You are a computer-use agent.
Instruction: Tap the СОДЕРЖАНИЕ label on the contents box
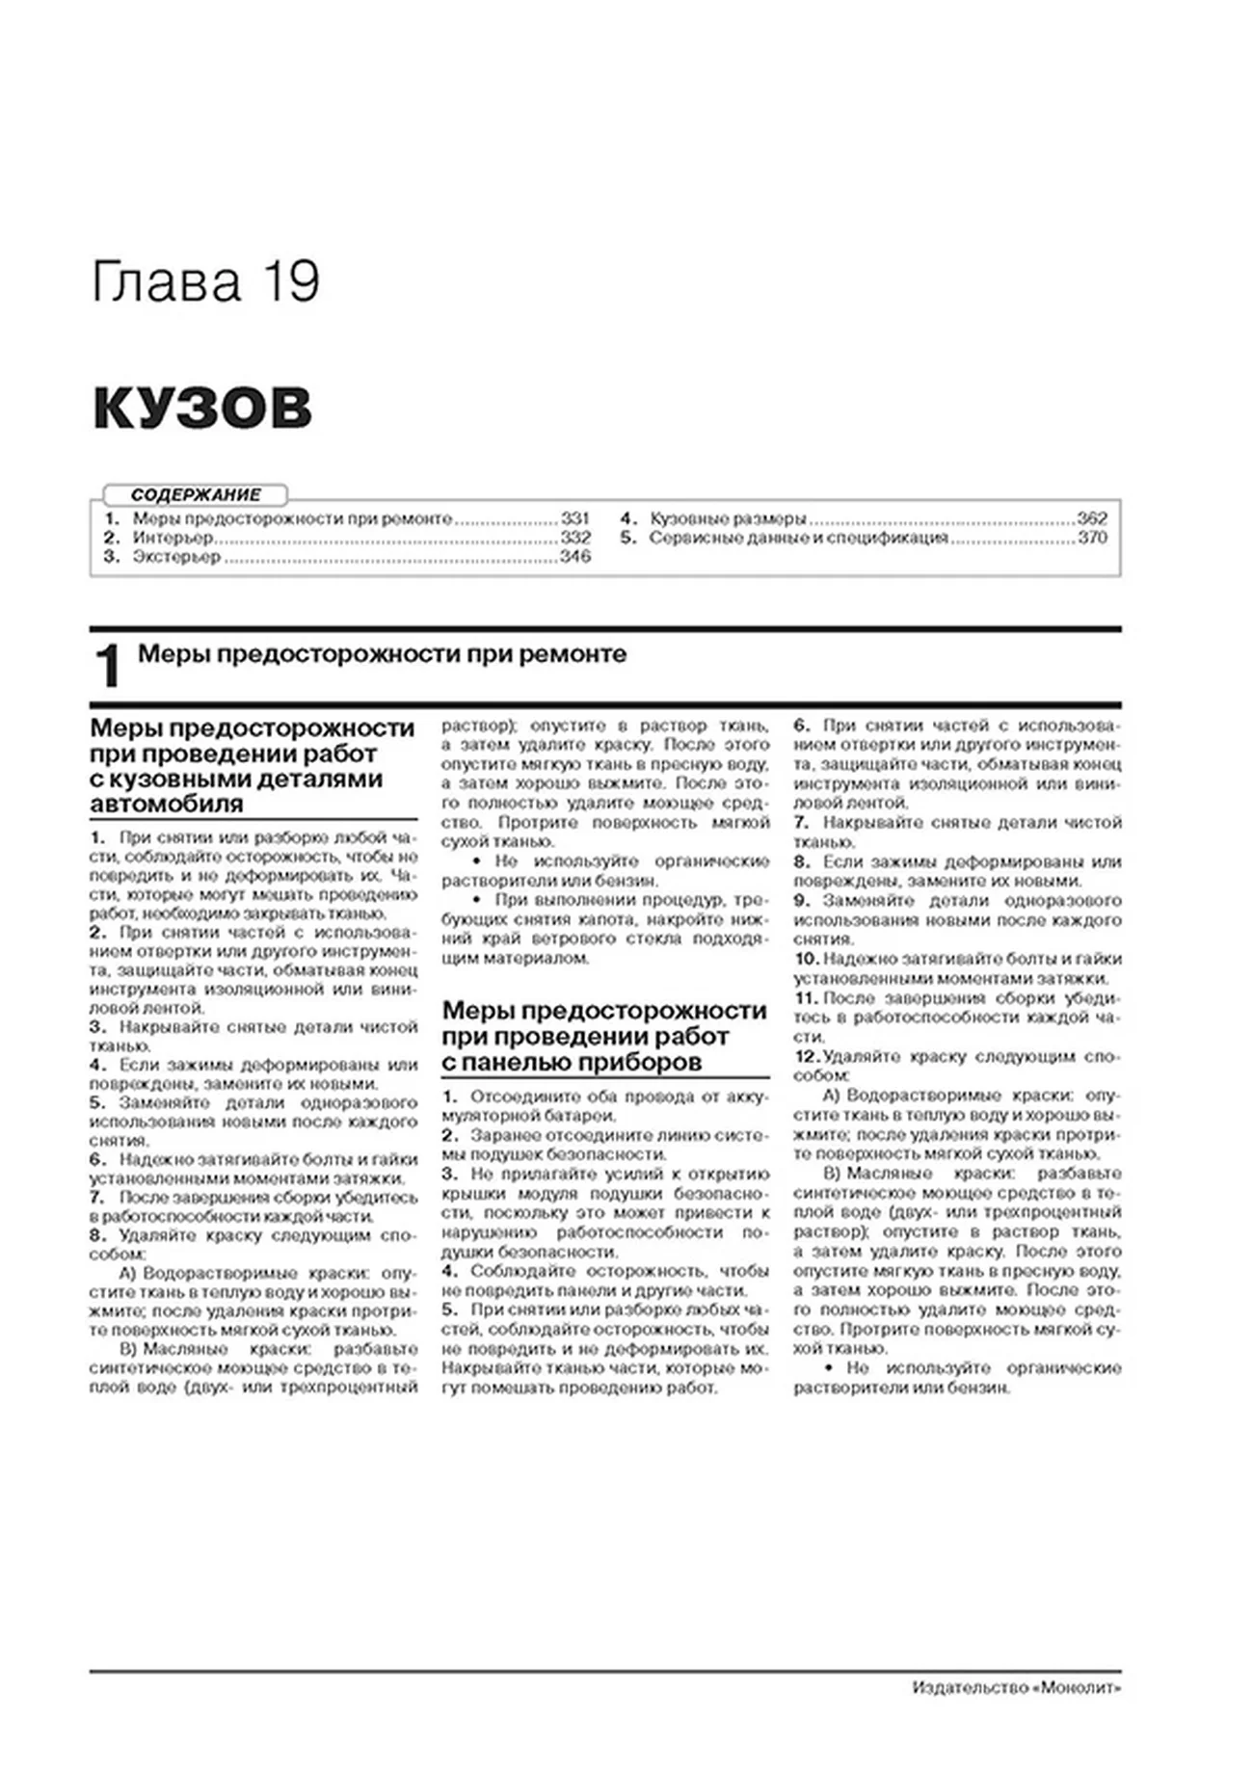[x=196, y=495]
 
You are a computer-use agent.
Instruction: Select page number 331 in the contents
[x=575, y=518]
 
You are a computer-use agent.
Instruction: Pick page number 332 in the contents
[x=575, y=538]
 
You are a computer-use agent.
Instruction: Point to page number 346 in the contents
[x=575, y=557]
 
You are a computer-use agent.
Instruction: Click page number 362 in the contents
[x=1092, y=518]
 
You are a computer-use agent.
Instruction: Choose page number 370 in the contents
[x=1092, y=538]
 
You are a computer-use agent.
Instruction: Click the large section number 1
[x=108, y=667]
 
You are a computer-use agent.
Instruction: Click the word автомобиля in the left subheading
[x=166, y=804]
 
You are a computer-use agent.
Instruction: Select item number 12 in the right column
[x=807, y=1056]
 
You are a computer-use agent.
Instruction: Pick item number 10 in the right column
[x=807, y=959]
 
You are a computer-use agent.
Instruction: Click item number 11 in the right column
[x=806, y=998]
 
